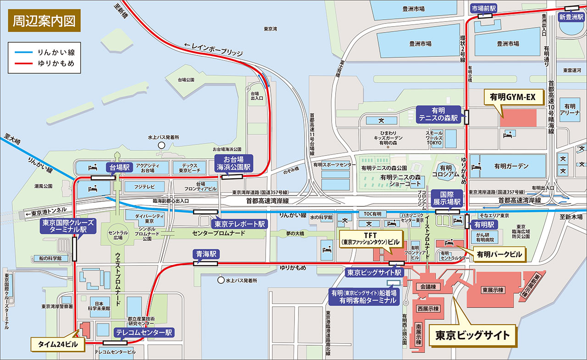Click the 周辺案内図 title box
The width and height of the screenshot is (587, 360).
[x=44, y=21]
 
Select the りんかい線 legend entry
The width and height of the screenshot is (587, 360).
[x=44, y=53]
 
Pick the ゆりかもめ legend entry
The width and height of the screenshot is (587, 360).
[x=44, y=63]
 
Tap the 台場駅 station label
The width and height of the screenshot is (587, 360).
[x=119, y=167]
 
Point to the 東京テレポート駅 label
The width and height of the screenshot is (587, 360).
[x=238, y=224]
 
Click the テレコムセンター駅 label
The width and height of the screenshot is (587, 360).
[x=144, y=332]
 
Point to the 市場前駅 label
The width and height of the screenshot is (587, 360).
[x=484, y=8]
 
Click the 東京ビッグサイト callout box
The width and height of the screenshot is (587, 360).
[x=472, y=334]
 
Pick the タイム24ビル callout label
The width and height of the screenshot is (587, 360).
[x=57, y=343]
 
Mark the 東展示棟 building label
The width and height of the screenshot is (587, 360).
[x=493, y=290]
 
